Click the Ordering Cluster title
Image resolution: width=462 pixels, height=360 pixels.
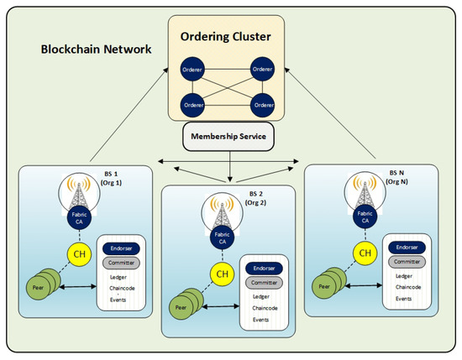(x=229, y=36)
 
